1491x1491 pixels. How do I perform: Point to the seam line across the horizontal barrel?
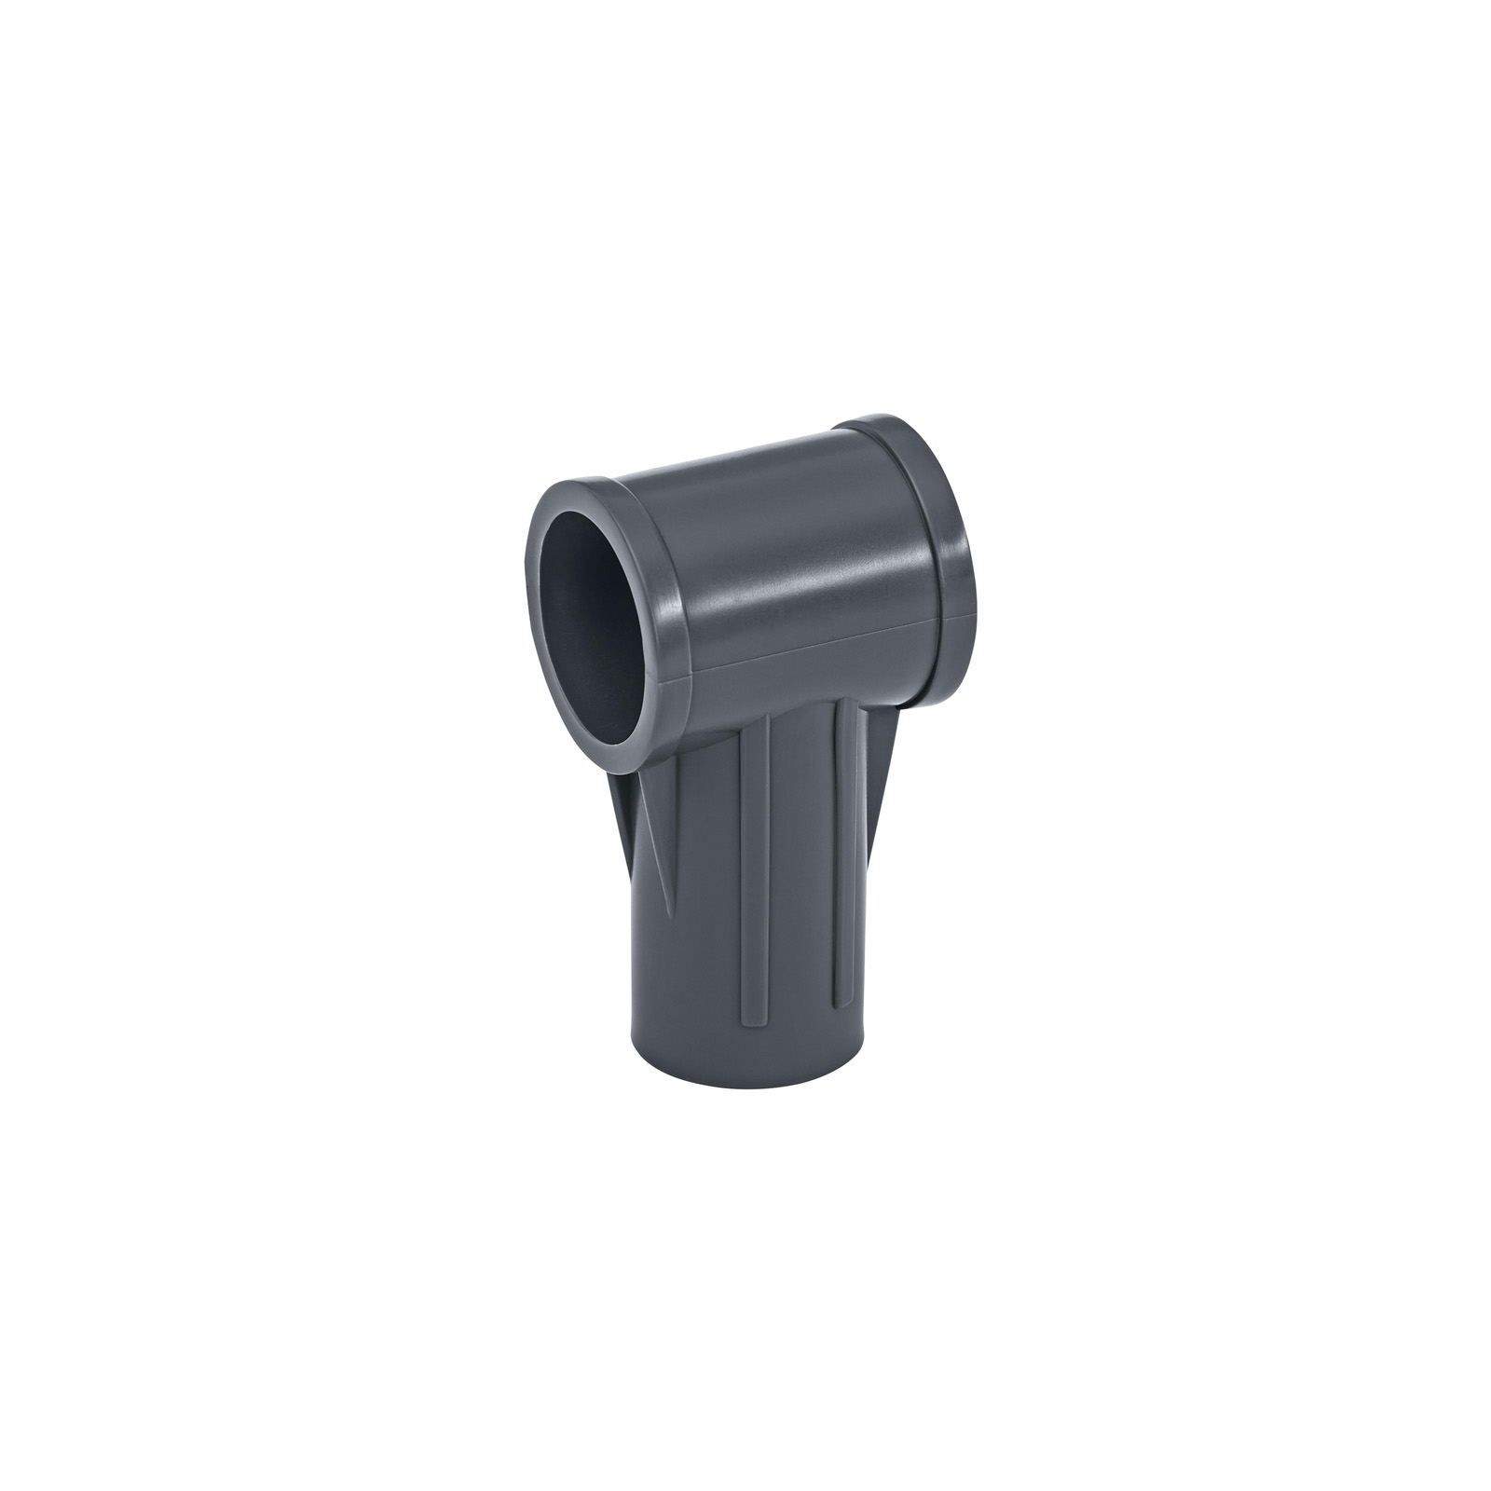coord(811,643)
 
